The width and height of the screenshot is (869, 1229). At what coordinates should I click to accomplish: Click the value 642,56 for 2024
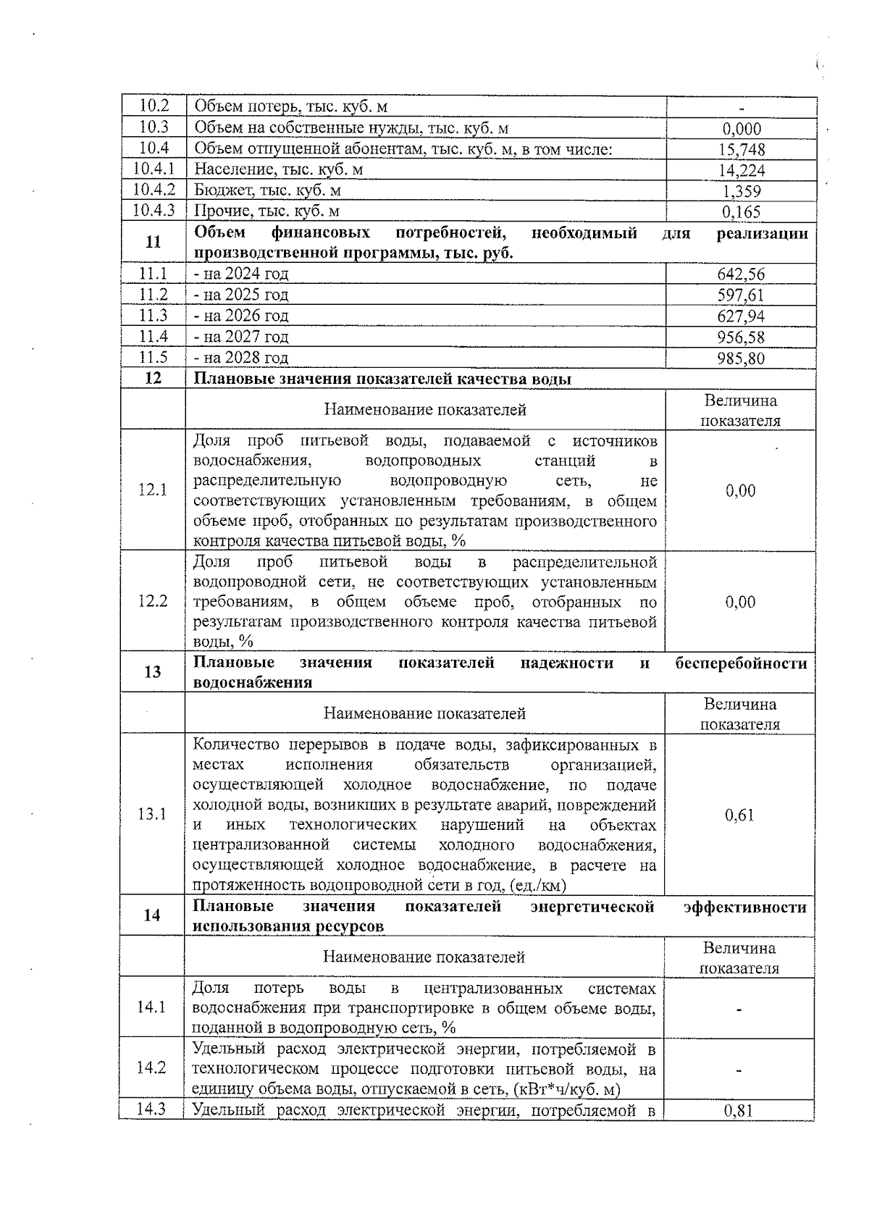pos(741,274)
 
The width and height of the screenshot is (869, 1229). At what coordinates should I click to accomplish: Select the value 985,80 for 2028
pos(741,358)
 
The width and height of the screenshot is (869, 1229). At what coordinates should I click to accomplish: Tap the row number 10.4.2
pos(154,190)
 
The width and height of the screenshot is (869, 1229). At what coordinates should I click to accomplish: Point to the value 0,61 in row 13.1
pos(739,815)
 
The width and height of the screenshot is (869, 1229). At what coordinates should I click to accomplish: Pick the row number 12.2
pos(152,601)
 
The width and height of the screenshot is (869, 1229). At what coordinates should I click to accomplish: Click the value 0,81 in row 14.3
pos(739,1110)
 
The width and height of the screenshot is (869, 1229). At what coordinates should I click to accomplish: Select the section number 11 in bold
pos(153,243)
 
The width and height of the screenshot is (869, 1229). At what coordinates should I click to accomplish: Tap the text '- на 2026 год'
pos(241,316)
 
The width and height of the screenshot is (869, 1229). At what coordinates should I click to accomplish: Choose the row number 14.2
pos(151,1067)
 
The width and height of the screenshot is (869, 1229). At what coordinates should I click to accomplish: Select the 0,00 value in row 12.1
pos(740,491)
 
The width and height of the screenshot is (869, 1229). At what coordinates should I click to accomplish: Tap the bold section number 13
pos(152,672)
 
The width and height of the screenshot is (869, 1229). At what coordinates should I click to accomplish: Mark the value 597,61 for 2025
pos(741,295)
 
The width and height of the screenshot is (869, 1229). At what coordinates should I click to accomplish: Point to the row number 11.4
pos(153,337)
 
